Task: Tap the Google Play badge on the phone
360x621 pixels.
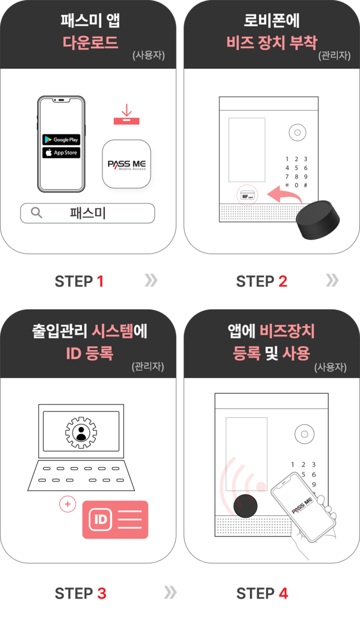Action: point(61,139)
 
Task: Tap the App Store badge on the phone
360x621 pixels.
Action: point(61,152)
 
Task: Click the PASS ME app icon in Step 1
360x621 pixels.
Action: point(127,164)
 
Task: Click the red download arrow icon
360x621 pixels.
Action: point(127,114)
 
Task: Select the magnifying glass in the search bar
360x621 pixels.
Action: point(37,213)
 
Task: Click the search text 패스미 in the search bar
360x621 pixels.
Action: point(87,213)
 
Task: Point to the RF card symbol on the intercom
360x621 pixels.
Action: point(247,195)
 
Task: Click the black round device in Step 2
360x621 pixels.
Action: point(318,220)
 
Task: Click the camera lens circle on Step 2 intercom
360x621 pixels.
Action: point(297,133)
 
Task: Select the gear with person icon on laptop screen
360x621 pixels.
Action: point(81,433)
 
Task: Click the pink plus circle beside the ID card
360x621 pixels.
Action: point(67,504)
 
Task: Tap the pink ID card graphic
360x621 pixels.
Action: point(115,520)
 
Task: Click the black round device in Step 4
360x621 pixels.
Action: point(245,506)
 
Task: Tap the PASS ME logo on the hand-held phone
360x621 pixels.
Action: point(302,505)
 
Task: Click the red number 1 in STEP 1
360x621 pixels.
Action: point(100,281)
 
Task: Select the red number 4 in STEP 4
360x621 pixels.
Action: point(283,594)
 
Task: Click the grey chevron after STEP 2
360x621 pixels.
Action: point(332,280)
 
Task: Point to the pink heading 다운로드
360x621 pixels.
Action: point(91,42)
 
